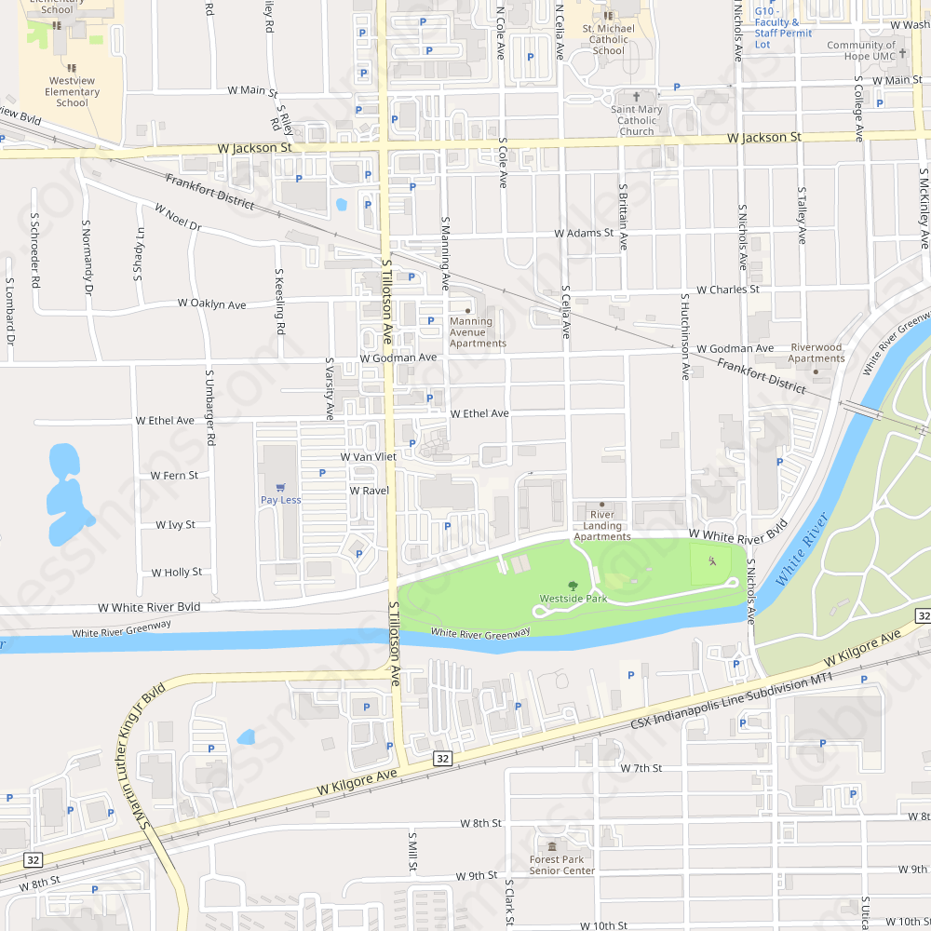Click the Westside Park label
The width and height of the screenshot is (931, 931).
(573, 599)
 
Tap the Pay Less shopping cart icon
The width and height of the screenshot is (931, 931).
(280, 486)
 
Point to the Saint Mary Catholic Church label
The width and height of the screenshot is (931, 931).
(637, 120)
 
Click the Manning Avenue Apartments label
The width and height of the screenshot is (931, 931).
(478, 332)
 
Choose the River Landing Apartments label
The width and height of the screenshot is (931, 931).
(601, 525)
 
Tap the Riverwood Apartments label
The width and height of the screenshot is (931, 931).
(816, 353)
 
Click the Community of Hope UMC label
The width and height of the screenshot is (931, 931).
(861, 50)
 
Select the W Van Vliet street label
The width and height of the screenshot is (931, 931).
(368, 457)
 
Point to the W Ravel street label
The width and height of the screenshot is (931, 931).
(369, 490)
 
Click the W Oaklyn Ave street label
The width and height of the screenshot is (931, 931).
(212, 304)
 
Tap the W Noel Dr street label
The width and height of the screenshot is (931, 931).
(178, 218)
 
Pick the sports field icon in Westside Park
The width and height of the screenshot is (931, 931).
(711, 561)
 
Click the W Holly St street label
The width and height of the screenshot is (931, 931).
(177, 573)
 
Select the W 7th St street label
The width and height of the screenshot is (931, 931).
(641, 768)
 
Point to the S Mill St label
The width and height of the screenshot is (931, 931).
(412, 853)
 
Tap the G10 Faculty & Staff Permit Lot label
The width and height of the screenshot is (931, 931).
(783, 33)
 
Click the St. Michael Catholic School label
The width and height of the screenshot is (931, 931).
(609, 39)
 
